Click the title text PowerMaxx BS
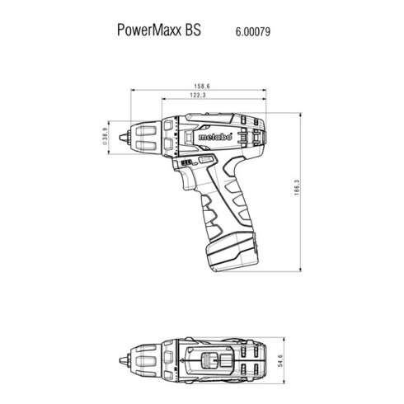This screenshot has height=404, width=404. click(x=159, y=30)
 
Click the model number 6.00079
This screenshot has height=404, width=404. click(x=253, y=31)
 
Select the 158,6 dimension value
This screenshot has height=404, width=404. click(x=202, y=87)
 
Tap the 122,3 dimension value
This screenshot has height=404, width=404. click(x=198, y=95)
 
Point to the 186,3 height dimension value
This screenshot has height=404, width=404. click(x=297, y=188)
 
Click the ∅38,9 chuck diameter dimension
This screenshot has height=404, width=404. click(x=104, y=136)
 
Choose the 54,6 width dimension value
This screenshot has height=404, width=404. click(x=280, y=360)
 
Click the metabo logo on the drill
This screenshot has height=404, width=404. click(x=215, y=137)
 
